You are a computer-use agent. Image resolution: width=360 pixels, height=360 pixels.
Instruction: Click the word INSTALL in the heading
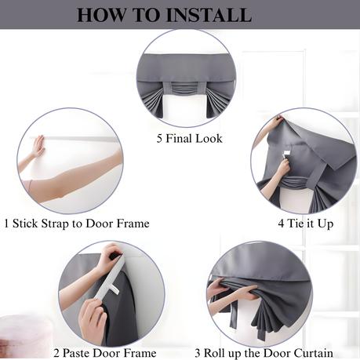click(x=209, y=15)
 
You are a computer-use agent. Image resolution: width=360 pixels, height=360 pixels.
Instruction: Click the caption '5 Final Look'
click(x=190, y=139)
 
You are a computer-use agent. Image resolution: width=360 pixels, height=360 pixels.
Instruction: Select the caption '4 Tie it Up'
click(x=306, y=224)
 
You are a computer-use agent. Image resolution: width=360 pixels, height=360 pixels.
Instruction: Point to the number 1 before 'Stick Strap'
click(x=7, y=224)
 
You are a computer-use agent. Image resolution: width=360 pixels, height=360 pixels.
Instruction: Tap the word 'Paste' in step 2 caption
click(x=76, y=353)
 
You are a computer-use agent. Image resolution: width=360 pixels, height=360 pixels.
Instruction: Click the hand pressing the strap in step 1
click(x=38, y=146)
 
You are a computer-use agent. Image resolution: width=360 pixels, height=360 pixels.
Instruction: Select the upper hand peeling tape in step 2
click(x=111, y=255)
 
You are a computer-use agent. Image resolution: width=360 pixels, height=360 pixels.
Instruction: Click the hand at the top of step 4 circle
click(x=276, y=122)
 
